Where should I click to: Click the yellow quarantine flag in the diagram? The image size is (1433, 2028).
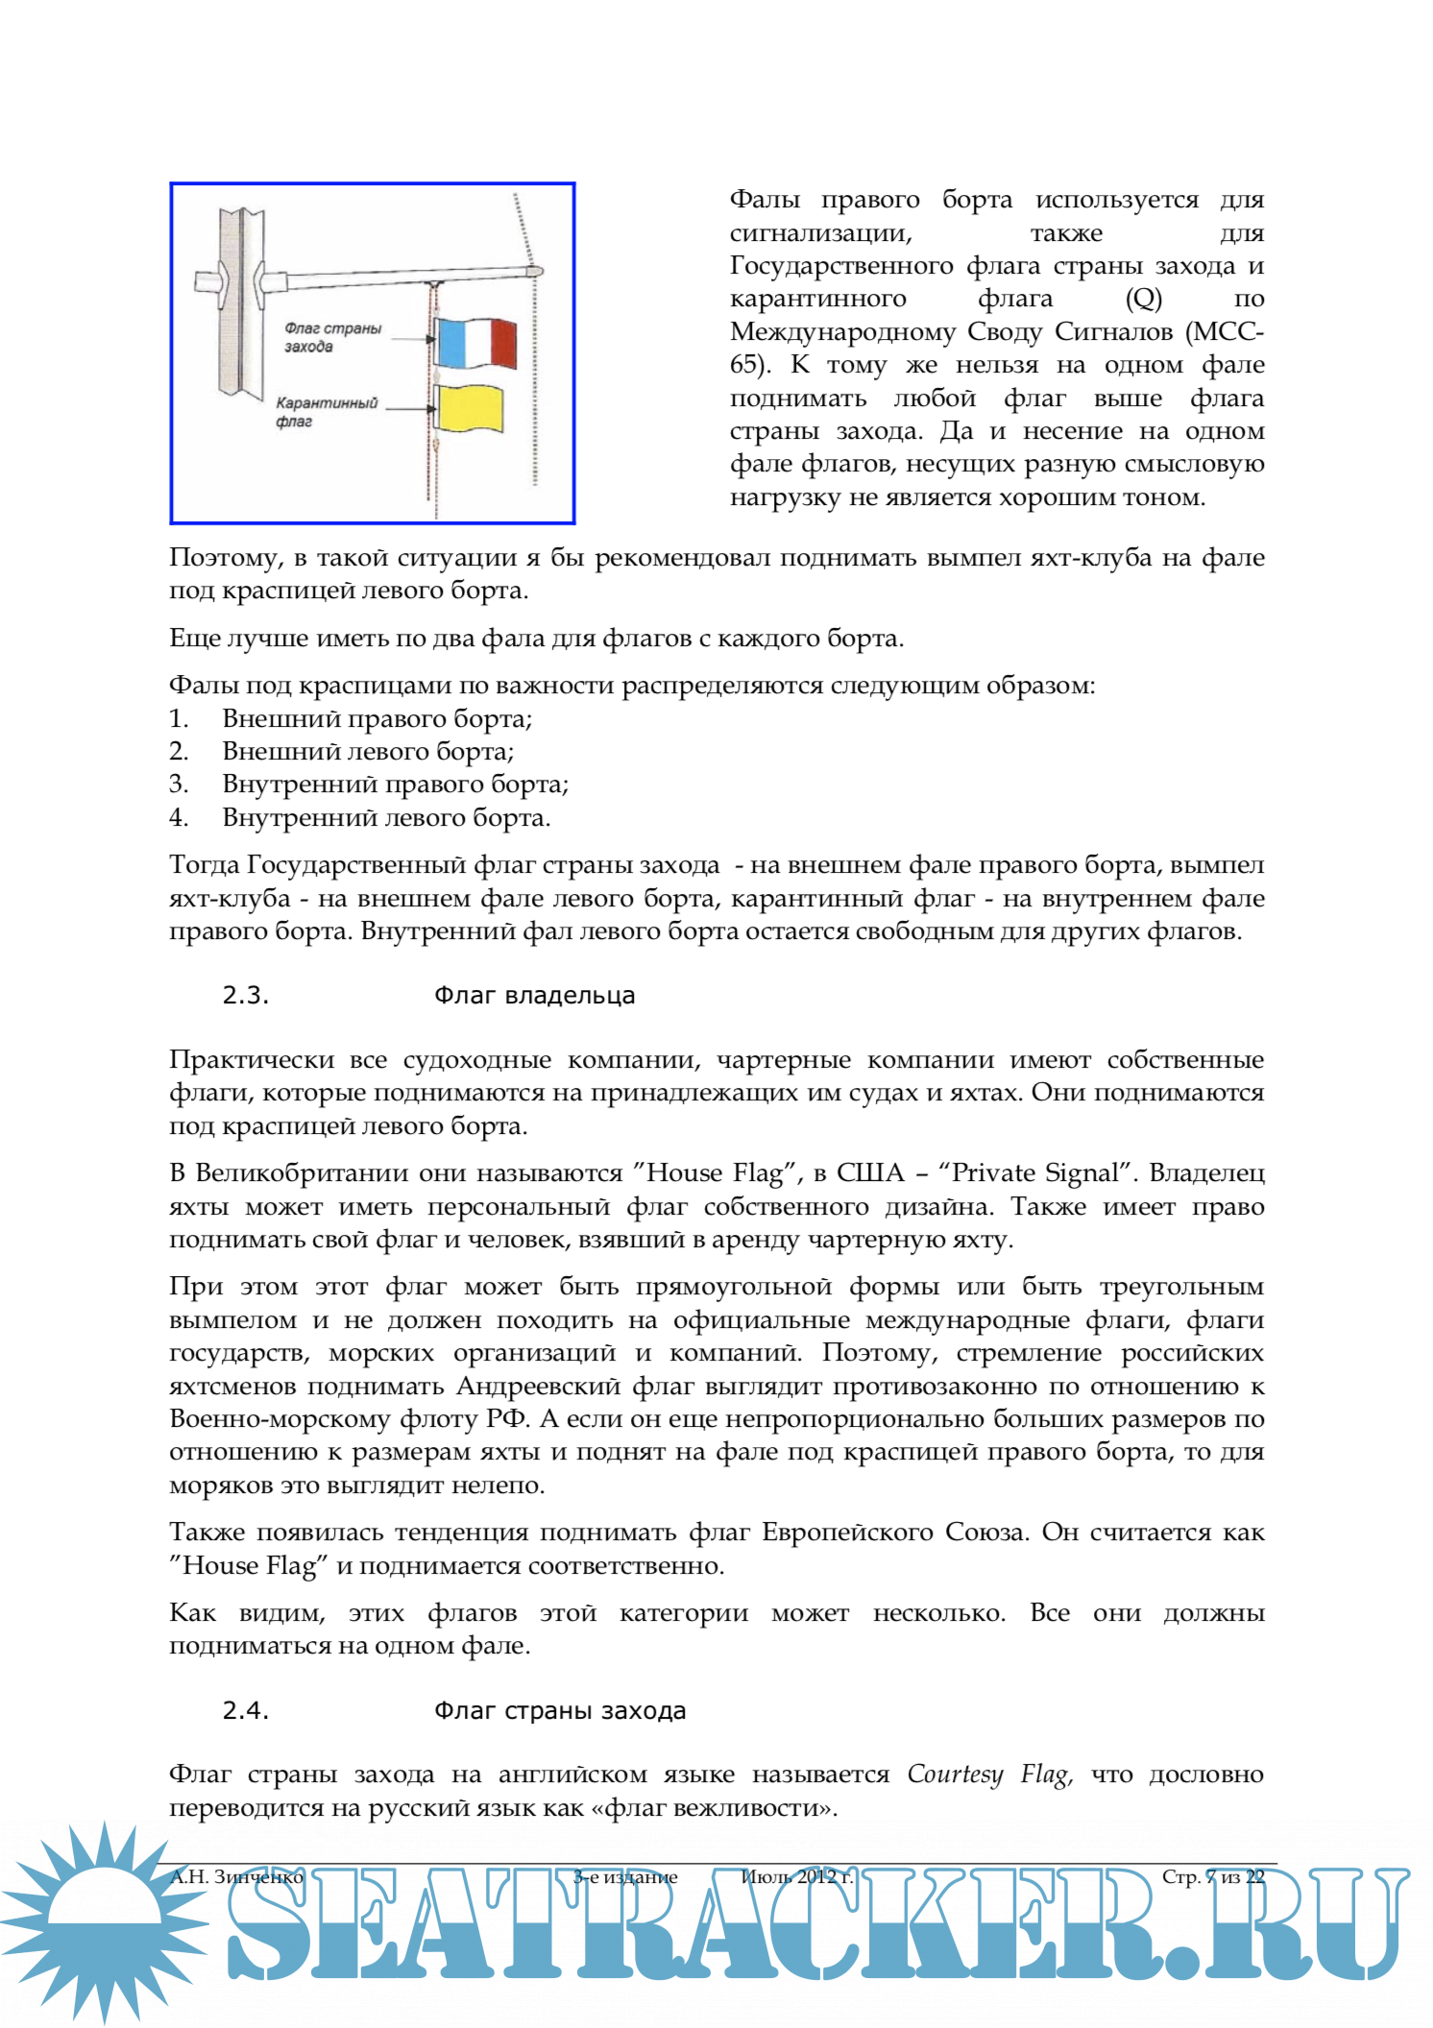(x=470, y=408)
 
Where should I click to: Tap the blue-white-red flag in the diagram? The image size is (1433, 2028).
(x=476, y=343)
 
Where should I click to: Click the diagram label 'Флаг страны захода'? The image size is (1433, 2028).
(x=332, y=337)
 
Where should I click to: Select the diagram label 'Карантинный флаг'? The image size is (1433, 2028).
(x=326, y=412)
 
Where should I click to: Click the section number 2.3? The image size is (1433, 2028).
(x=246, y=996)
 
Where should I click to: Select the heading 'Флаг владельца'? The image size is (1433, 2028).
(x=534, y=996)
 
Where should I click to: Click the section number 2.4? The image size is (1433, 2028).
(x=246, y=1711)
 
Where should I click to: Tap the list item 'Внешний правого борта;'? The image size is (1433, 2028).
(x=377, y=719)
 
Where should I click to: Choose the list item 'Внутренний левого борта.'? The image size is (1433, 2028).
(x=386, y=818)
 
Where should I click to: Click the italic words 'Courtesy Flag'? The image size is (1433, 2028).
(x=989, y=1774)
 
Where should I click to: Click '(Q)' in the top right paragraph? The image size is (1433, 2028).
(x=1143, y=299)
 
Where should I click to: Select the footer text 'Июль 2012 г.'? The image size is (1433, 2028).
(x=796, y=1877)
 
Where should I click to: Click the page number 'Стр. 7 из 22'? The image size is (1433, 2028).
(x=1212, y=1877)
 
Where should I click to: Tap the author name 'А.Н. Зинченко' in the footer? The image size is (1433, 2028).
(x=236, y=1877)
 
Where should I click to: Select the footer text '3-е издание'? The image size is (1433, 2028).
(x=625, y=1877)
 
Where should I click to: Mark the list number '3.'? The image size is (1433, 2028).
(x=179, y=785)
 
